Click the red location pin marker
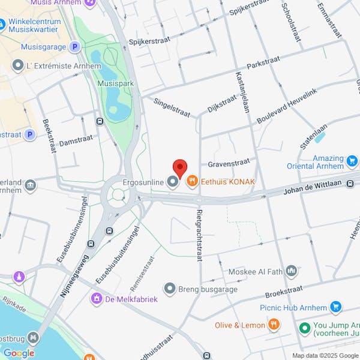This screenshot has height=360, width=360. tap(180, 168)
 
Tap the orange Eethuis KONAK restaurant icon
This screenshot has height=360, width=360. tap(193, 181)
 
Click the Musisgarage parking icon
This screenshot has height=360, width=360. tap(74, 46)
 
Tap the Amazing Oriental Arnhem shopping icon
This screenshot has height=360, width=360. tap(352, 161)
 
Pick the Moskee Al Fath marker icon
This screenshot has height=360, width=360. tap(292, 272)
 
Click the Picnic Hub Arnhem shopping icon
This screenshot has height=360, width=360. tap(336, 307)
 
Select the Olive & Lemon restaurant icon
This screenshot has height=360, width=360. tap(274, 325)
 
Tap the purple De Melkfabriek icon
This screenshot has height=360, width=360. tap(95, 298)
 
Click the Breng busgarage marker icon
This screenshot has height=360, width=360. tap(170, 289)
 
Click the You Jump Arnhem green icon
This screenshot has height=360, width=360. tap(305, 329)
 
